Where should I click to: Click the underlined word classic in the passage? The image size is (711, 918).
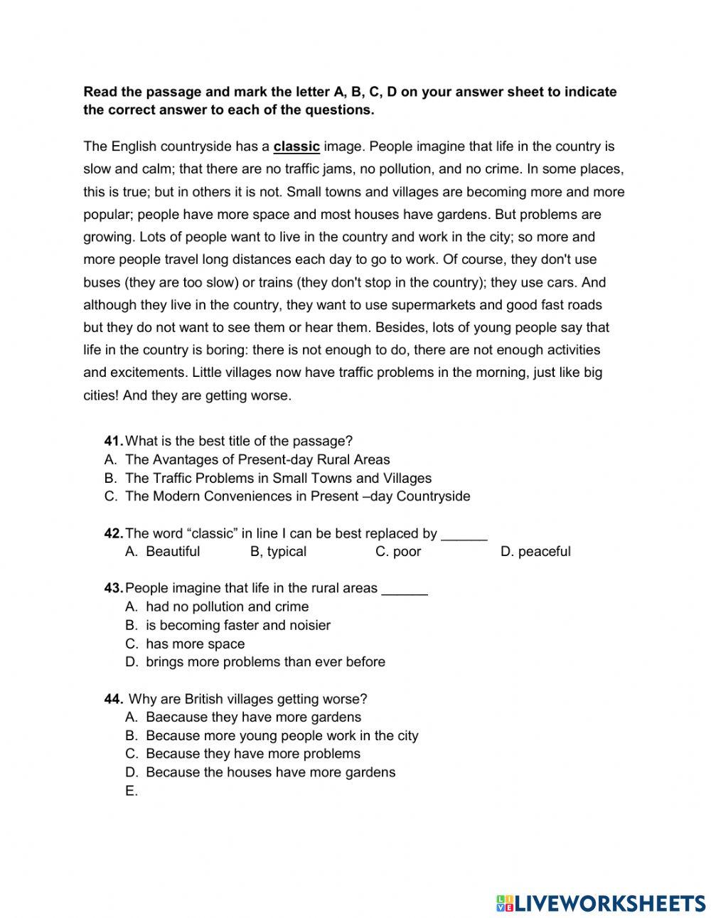[x=296, y=146]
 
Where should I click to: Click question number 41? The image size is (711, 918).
[x=114, y=441]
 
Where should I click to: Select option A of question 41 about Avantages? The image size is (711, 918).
[x=257, y=459]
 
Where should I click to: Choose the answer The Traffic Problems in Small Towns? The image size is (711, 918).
[x=278, y=478]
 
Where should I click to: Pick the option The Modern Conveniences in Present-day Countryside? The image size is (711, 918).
[x=297, y=496]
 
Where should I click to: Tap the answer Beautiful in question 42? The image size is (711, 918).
[x=172, y=551]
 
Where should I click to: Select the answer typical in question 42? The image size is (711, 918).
[x=287, y=551]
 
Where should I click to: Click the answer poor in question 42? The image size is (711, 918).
[x=407, y=551]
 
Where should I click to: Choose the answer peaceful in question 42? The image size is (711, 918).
[x=544, y=551]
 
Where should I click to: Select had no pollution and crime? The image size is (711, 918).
[x=227, y=607]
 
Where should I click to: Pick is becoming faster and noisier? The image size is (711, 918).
[x=237, y=625]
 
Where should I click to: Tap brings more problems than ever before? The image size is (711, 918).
[x=265, y=661]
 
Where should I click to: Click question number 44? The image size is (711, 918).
[x=114, y=699]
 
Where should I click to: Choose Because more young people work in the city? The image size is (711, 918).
[x=282, y=735]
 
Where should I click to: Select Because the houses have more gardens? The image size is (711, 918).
[x=270, y=772]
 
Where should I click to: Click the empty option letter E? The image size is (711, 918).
[x=131, y=791]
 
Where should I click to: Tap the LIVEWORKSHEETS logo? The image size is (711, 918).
[x=601, y=902]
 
